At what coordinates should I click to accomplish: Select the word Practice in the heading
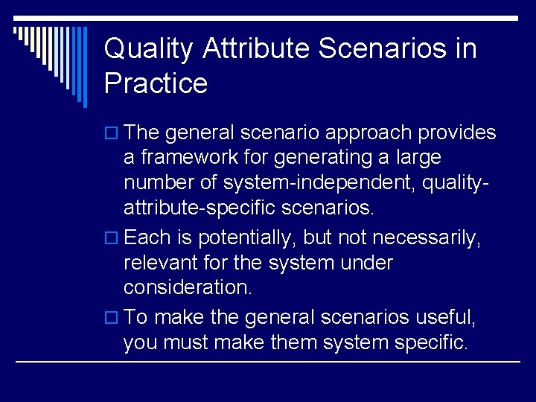pyautogui.click(x=156, y=83)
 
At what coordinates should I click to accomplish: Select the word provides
pyautogui.click(x=457, y=133)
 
